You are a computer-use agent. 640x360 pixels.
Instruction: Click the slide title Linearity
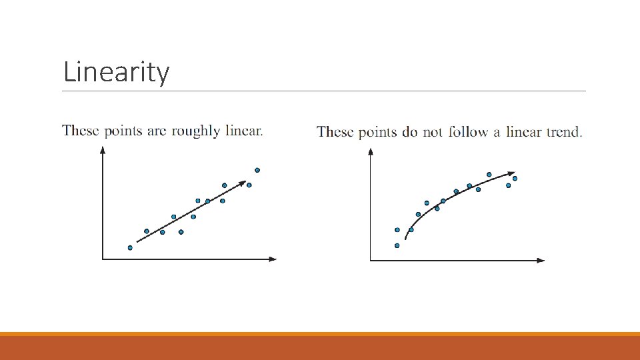point(116,72)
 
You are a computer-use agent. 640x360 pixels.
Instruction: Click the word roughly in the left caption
point(195,131)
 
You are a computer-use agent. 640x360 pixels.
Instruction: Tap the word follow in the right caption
point(467,132)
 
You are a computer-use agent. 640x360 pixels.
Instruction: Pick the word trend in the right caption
point(563,132)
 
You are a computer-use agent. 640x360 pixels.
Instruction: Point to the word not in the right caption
point(433,132)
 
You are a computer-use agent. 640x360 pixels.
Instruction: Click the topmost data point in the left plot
point(257,170)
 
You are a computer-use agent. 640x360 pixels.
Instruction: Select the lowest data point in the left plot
point(130,247)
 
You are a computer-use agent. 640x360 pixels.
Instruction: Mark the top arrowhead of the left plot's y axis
point(103,149)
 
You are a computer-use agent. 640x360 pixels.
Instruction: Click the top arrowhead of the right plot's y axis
point(371,152)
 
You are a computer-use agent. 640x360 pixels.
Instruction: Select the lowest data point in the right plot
point(397,245)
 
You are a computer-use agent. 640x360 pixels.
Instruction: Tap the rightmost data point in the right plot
point(515,178)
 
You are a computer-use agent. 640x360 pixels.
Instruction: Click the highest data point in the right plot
point(489,175)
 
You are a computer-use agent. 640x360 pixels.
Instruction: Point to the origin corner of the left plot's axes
point(103,259)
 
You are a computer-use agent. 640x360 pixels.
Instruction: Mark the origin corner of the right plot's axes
point(371,261)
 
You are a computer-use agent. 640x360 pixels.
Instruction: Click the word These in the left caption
point(80,131)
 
